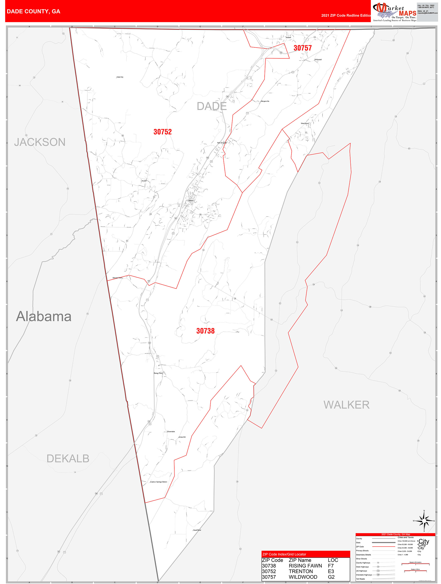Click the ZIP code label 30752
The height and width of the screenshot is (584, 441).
[162, 132]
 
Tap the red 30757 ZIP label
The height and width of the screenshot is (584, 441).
[302, 48]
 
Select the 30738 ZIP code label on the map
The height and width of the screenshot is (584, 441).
[205, 331]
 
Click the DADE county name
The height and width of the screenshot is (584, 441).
[212, 106]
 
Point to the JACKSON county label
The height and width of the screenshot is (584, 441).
[40, 142]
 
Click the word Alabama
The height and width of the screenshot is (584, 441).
[44, 316]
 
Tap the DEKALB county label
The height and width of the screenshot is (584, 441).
[68, 459]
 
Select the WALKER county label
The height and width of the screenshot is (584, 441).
[346, 405]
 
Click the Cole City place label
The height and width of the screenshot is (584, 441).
[120, 77]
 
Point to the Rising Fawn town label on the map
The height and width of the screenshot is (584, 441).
[158, 373]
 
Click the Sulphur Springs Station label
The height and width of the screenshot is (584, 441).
[158, 482]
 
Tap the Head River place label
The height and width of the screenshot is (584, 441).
[197, 530]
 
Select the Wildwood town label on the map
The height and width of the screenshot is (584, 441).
[318, 60]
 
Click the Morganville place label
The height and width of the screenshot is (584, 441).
[265, 101]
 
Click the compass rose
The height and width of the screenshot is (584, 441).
[424, 521]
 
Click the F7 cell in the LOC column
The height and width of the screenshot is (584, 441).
[331, 566]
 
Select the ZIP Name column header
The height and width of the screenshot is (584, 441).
[300, 560]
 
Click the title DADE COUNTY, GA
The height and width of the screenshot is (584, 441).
[33, 11]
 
